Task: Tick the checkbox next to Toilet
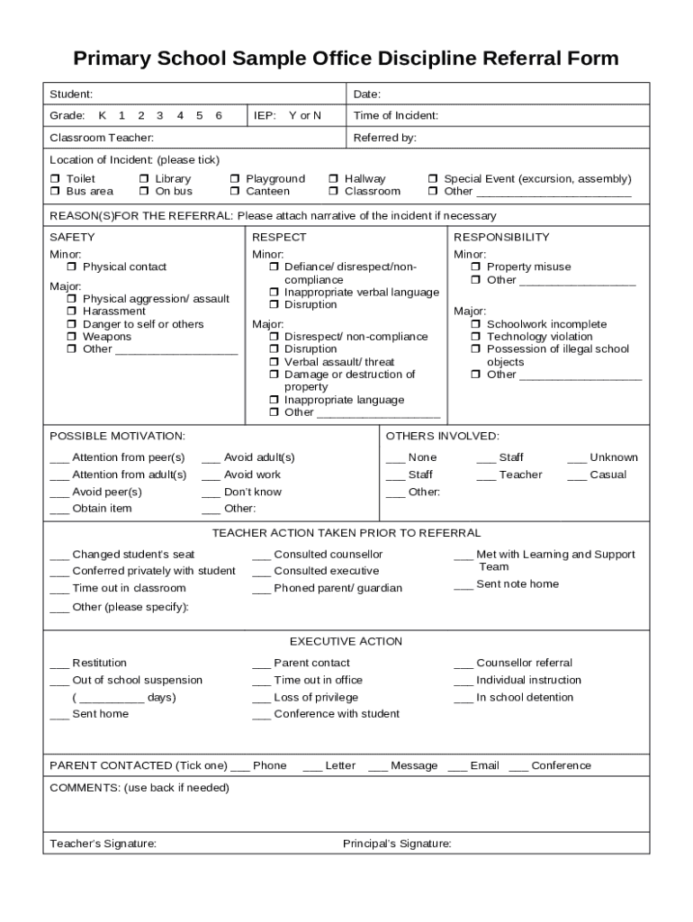pos(55,179)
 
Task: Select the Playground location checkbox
pos(235,179)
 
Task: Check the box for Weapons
pos(72,337)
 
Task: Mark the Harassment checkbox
pos(72,312)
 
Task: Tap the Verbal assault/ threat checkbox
pos(274,362)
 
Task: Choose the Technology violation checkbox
pos(476,337)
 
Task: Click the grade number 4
pos(180,115)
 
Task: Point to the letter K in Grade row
pos(102,115)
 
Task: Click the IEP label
pos(264,115)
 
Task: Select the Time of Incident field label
pos(395,115)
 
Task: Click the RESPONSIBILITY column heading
pos(500,237)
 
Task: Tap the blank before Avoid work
pos(211,476)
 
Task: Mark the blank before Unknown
pos(576,459)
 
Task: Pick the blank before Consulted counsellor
pos(261,556)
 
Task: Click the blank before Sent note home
pos(463,586)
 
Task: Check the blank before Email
pos(456,767)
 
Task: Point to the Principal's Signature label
pos(396,844)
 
